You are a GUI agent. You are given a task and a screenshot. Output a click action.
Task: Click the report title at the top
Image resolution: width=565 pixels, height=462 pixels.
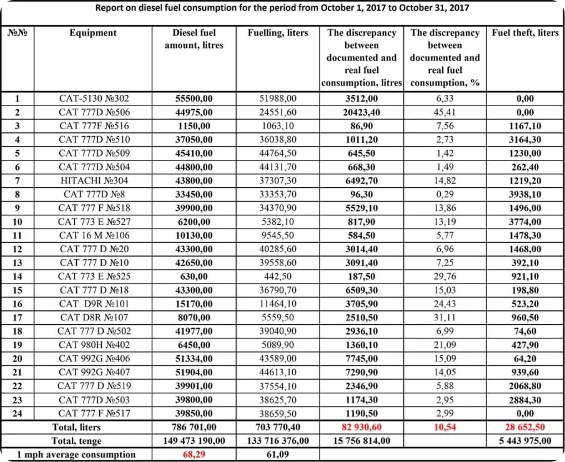tap(282, 8)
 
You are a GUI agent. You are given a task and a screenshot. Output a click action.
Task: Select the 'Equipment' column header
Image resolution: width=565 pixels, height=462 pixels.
tap(93, 32)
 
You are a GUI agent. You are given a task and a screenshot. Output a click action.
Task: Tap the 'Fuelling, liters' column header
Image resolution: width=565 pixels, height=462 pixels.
tap(278, 32)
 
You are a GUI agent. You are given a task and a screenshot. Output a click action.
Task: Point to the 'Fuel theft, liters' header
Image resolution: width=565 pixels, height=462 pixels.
tap(525, 32)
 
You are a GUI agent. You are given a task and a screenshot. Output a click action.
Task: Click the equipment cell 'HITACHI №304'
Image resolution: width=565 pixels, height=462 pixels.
tap(94, 180)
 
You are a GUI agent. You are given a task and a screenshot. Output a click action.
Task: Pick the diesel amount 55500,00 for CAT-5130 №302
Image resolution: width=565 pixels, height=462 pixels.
tap(193, 98)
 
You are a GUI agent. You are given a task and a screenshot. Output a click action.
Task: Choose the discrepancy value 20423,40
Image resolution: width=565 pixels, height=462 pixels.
tap(361, 112)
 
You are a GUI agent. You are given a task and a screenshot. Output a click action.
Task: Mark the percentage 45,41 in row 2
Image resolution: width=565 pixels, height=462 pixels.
tap(445, 112)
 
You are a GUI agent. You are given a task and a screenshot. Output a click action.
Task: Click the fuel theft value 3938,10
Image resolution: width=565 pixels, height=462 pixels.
tap(525, 194)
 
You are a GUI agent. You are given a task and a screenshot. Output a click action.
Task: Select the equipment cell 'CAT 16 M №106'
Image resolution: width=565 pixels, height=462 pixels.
tap(94, 235)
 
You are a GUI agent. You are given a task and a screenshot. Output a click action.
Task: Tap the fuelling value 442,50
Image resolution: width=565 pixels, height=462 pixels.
tap(278, 277)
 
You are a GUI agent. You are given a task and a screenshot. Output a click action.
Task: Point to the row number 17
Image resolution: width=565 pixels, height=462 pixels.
tap(17, 317)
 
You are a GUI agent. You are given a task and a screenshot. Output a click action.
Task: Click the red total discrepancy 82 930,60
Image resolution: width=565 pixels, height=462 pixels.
tap(361, 427)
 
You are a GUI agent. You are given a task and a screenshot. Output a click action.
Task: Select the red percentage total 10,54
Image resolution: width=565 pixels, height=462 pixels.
tap(445, 427)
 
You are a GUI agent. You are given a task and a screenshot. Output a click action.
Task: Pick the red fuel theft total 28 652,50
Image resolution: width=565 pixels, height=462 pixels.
tap(525, 427)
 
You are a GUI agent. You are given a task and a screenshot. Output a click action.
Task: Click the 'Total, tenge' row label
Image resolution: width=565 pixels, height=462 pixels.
tap(76, 441)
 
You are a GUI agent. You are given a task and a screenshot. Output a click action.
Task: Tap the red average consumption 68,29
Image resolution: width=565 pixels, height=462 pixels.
tap(193, 455)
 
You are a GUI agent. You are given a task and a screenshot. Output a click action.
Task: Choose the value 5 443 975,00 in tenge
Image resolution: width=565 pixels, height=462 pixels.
tap(525, 441)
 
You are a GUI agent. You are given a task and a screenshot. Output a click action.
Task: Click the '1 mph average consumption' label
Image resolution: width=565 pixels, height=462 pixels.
tap(76, 455)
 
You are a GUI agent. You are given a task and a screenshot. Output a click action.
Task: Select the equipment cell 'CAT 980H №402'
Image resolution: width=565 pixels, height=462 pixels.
tap(94, 345)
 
